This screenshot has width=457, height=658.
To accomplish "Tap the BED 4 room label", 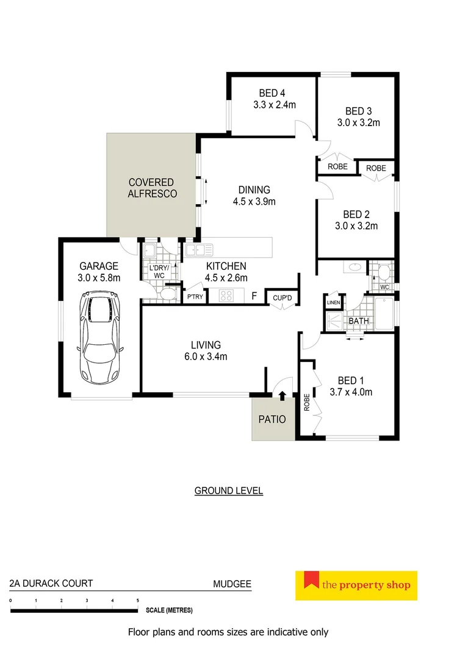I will [272, 93].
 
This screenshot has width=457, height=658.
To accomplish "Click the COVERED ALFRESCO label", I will [151, 188].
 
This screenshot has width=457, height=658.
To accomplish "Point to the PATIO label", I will [272, 419].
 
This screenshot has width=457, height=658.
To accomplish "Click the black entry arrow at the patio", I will [281, 396].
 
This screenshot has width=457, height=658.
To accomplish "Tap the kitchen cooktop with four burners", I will [226, 297].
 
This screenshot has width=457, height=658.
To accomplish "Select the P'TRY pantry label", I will [195, 297].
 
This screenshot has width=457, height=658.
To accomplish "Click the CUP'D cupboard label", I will [282, 297].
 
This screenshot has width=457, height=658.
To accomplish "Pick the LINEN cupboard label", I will [333, 302].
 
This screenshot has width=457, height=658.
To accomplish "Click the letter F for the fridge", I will [253, 297].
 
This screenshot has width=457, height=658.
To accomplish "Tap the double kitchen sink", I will [198, 249].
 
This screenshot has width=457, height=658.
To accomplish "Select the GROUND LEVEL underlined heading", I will [228, 490].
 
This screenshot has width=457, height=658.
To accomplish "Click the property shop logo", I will [356, 585].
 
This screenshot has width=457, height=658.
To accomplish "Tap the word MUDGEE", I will [232, 584].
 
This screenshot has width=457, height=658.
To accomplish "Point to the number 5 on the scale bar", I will [138, 601].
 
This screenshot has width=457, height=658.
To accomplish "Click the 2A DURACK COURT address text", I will [51, 584].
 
